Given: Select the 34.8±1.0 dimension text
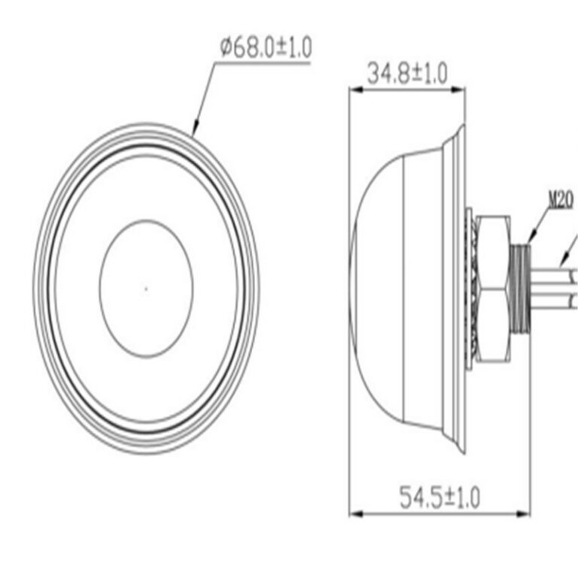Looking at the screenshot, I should tap(406, 74).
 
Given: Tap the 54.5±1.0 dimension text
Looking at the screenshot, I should tap(440, 497).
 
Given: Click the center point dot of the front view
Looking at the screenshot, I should tap(146, 286).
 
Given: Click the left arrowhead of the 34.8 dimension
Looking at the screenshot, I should tap(354, 90).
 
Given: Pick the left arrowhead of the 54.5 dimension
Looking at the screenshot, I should tap(354, 514).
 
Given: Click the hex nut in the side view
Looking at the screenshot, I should tap(493, 286).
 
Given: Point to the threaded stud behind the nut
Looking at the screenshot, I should tap(520, 286).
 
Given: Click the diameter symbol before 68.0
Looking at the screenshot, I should tap(226, 49).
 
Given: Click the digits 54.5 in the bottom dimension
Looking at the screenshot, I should tap(421, 497).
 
